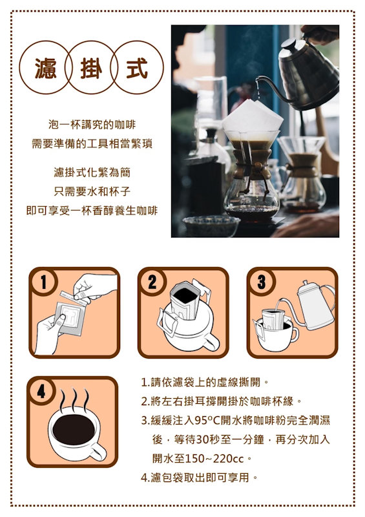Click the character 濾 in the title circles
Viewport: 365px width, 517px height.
click(45, 69)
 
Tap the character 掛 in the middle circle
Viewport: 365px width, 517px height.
click(91, 69)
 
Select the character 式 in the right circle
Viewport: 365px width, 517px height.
click(137, 69)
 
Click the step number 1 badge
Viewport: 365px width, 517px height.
click(43, 282)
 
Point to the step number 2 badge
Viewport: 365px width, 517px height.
click(152, 282)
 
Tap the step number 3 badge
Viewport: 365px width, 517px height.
click(261, 282)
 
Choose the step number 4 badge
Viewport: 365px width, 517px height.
click(41, 392)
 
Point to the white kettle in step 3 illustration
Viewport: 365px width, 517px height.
click(315, 306)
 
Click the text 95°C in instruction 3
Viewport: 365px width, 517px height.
click(207, 421)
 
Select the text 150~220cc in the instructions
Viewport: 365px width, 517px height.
click(214, 459)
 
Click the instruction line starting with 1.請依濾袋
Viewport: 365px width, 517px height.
click(205, 383)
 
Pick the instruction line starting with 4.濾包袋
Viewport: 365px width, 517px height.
click(199, 478)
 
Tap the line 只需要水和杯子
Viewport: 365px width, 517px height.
click(92, 191)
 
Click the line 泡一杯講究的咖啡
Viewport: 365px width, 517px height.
click(92, 125)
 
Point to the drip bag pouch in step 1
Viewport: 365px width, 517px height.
click(70, 317)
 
